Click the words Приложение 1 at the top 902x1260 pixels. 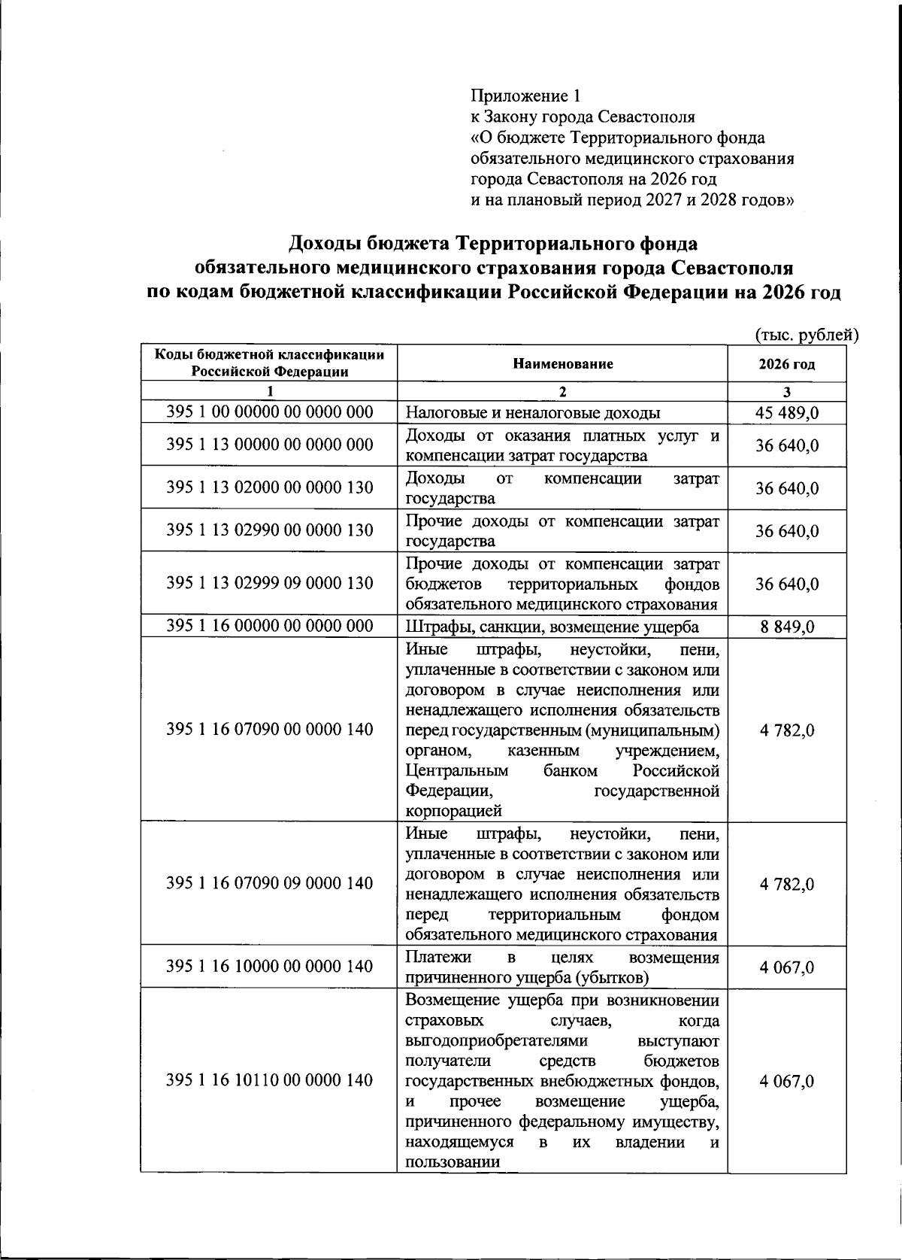[x=525, y=96]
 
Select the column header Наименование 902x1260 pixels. [x=562, y=364]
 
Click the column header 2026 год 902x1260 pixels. [x=786, y=364]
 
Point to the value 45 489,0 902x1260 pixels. [x=787, y=413]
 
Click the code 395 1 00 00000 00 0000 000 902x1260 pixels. [x=269, y=412]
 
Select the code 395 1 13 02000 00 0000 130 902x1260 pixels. [x=269, y=487]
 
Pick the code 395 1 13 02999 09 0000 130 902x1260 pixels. [x=269, y=584]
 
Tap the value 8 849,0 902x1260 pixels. [x=787, y=627]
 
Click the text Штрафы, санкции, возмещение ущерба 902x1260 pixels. [x=552, y=627]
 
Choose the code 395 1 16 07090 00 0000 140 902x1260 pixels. [x=269, y=729]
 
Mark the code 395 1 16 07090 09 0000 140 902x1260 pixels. [x=269, y=883]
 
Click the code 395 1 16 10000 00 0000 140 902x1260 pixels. [x=269, y=967]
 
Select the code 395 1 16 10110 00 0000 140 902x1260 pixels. [x=269, y=1081]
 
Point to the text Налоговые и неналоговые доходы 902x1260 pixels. [x=533, y=413]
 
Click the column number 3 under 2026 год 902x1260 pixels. [x=787, y=391]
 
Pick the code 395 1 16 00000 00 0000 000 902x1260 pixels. [x=269, y=627]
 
